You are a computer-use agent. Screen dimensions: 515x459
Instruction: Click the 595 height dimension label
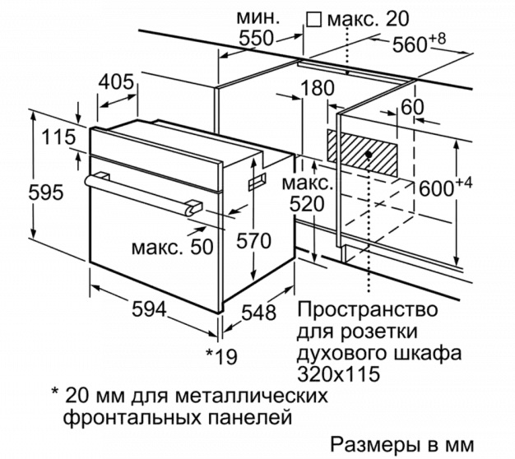tap(45, 192)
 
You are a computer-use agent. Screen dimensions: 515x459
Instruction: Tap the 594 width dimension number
tap(149, 308)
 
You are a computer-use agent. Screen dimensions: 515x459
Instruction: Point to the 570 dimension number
tap(254, 240)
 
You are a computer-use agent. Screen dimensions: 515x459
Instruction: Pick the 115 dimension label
tap(58, 137)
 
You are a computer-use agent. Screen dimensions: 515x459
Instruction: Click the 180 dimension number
tap(318, 88)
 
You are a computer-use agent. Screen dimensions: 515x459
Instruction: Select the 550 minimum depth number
tap(256, 38)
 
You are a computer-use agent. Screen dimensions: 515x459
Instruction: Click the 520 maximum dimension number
tap(307, 204)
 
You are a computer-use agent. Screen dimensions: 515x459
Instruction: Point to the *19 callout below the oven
tap(221, 356)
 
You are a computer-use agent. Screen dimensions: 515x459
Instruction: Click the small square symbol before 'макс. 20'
tap(313, 19)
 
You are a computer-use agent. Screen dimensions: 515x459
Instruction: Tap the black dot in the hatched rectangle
tap(369, 154)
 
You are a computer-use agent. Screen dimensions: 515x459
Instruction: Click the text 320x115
tap(338, 373)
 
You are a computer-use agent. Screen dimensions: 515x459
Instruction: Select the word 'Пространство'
tap(368, 309)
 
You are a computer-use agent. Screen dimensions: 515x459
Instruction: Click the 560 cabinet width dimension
tap(409, 44)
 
